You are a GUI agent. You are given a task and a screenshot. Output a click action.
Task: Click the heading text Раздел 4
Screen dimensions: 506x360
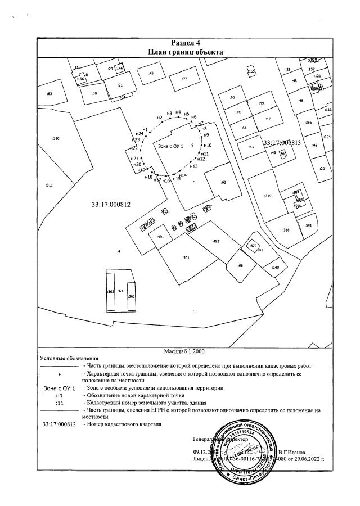(x=186, y=43)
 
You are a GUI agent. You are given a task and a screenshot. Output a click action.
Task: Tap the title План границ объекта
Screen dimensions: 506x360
(x=186, y=52)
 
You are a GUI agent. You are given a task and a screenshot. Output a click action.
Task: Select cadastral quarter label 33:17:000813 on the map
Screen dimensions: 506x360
(x=282, y=143)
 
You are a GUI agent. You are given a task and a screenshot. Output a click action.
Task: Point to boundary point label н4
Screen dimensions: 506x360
(x=178, y=112)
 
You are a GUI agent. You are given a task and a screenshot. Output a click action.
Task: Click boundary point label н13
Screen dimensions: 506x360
(x=194, y=166)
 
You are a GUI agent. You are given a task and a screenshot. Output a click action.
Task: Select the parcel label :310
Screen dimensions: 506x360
(x=56, y=138)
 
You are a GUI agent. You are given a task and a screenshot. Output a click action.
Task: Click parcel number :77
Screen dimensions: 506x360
(x=184, y=79)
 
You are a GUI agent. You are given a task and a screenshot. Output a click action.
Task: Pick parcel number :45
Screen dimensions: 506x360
(x=151, y=74)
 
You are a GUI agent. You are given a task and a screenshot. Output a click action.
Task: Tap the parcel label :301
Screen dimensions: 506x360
(x=186, y=257)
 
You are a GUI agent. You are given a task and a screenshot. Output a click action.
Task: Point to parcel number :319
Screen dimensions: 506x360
(x=268, y=196)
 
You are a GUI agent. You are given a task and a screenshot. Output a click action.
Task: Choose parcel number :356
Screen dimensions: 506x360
(x=308, y=123)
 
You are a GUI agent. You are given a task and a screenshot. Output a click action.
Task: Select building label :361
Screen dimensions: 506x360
(x=131, y=296)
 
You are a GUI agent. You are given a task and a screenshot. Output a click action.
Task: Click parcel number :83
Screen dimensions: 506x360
(x=49, y=94)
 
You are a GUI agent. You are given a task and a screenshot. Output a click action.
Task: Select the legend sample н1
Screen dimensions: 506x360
(x=60, y=396)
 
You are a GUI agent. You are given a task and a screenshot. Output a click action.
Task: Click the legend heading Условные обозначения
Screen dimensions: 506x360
(x=69, y=358)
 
